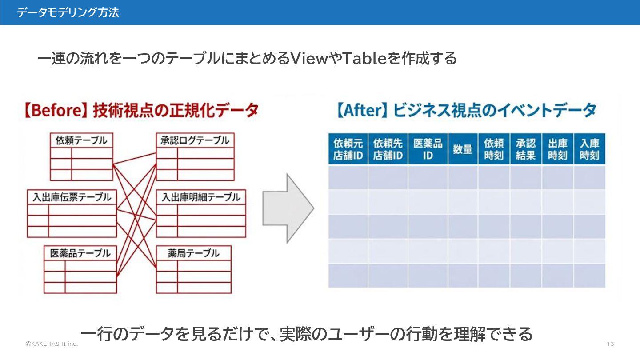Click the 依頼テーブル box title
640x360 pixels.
click(x=81, y=140)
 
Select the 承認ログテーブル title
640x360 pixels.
click(x=195, y=140)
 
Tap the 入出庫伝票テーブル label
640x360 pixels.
click(x=72, y=197)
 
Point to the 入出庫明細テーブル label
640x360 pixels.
click(x=201, y=197)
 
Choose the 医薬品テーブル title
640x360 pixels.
click(x=80, y=253)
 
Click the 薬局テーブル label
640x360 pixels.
click(x=194, y=253)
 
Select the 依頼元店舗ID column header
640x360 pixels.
click(x=348, y=149)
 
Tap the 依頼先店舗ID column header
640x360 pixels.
click(x=388, y=149)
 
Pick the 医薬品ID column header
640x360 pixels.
click(x=428, y=149)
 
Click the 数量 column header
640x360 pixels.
click(x=463, y=149)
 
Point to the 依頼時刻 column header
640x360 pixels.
click(x=494, y=149)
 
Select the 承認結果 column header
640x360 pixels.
click(x=526, y=149)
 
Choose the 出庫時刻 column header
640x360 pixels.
click(x=558, y=149)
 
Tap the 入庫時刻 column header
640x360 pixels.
click(x=590, y=149)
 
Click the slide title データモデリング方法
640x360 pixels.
click(x=68, y=12)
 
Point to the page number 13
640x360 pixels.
click(x=610, y=344)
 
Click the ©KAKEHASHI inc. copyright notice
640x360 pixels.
click(x=52, y=344)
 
